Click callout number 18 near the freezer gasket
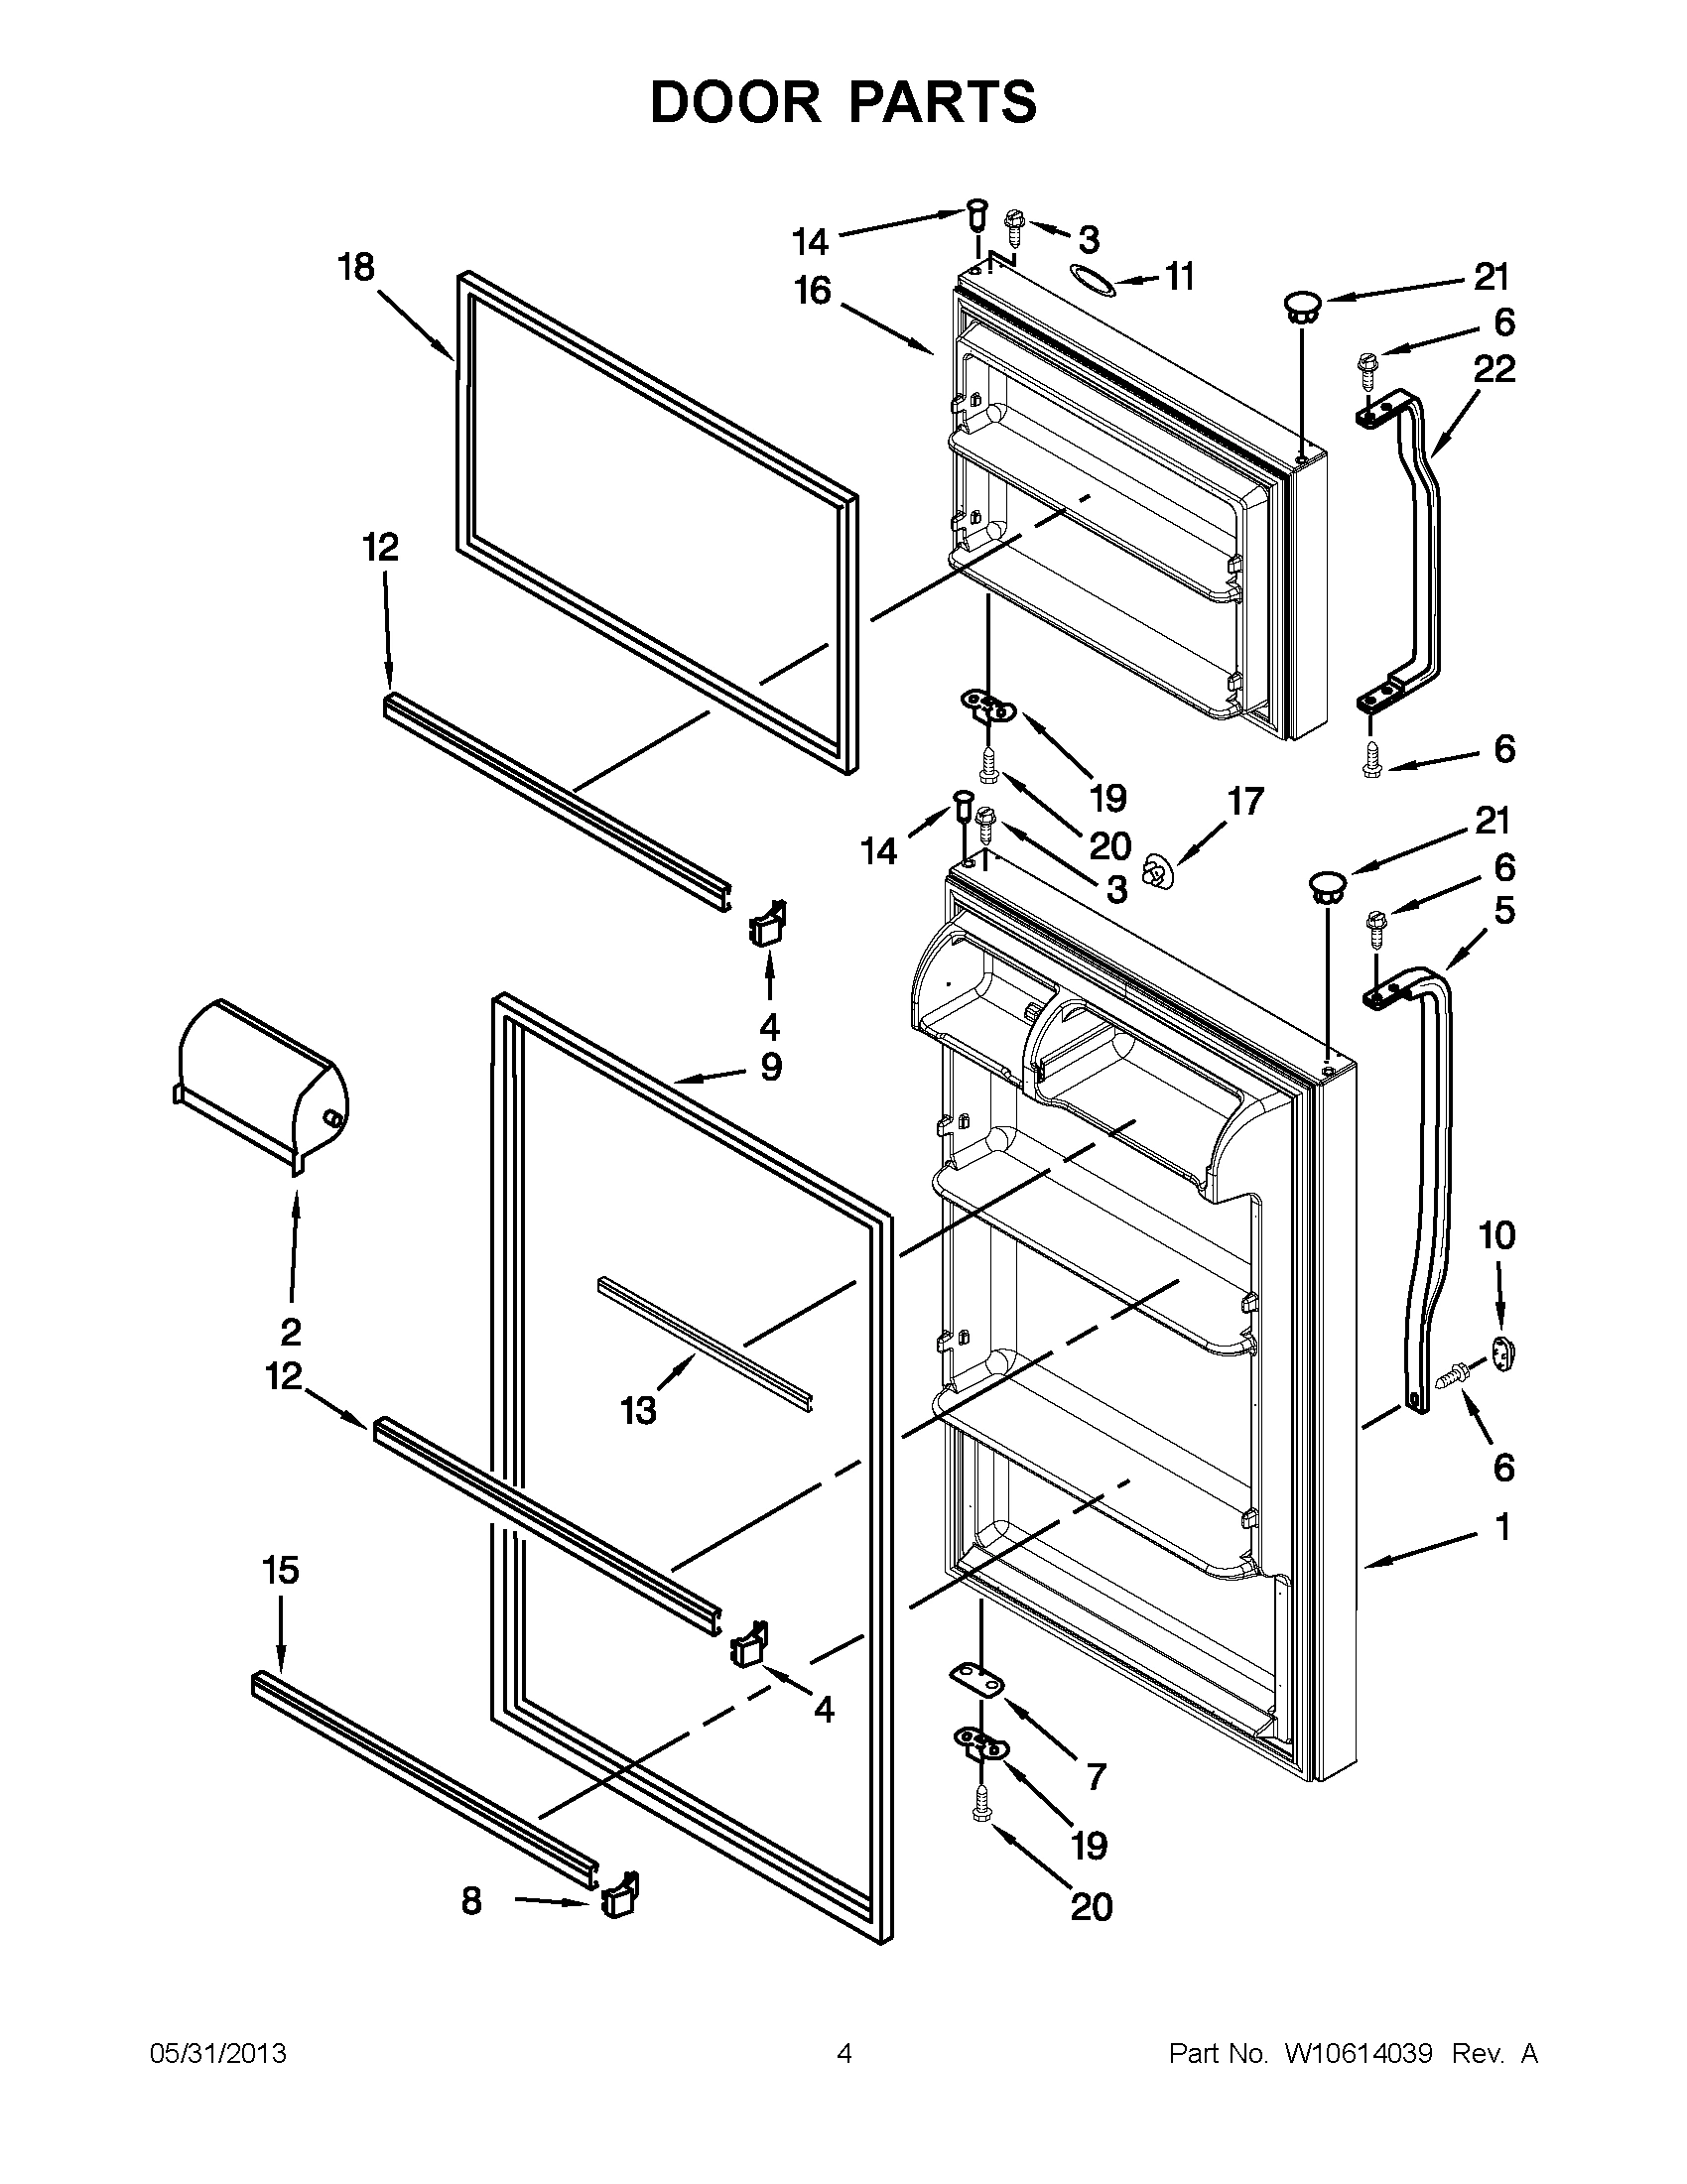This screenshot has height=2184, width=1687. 356,268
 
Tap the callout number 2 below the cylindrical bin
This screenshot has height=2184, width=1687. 290,1332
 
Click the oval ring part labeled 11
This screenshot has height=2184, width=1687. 1092,281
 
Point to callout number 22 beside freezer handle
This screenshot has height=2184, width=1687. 1494,369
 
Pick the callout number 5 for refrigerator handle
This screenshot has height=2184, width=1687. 1504,910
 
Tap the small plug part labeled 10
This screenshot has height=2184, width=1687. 1503,1354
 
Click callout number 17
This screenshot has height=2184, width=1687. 1246,801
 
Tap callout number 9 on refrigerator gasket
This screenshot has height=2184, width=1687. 770,1067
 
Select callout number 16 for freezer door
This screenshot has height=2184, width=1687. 812,291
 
